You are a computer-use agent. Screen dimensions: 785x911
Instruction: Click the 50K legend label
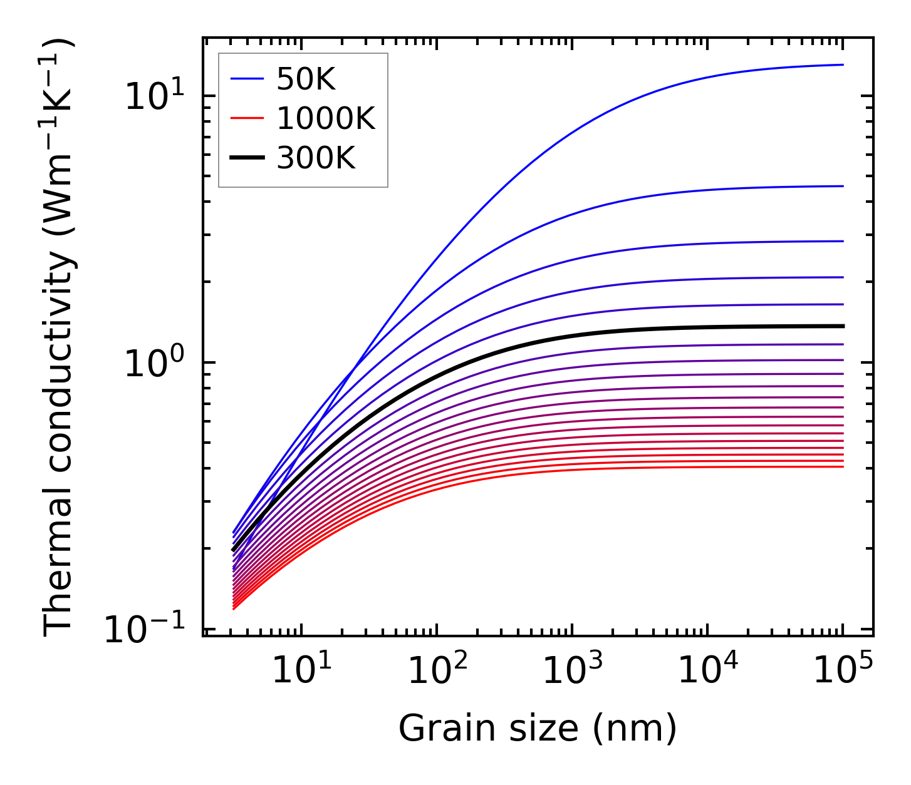coord(306,79)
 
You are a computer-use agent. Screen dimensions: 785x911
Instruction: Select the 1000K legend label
coord(326,118)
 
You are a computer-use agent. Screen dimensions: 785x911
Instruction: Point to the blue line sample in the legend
coord(247,79)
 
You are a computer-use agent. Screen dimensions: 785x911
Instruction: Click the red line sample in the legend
coord(247,118)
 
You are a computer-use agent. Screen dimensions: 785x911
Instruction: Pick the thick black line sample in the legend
coord(247,158)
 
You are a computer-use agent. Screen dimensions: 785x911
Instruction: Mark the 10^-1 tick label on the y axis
coord(145,630)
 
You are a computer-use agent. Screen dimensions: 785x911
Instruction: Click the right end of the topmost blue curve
coord(843,64)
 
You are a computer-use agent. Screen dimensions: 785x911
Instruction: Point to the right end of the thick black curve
coord(843,326)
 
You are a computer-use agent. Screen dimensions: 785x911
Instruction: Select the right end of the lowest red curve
coord(843,466)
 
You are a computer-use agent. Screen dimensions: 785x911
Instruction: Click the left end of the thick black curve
coord(233,550)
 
